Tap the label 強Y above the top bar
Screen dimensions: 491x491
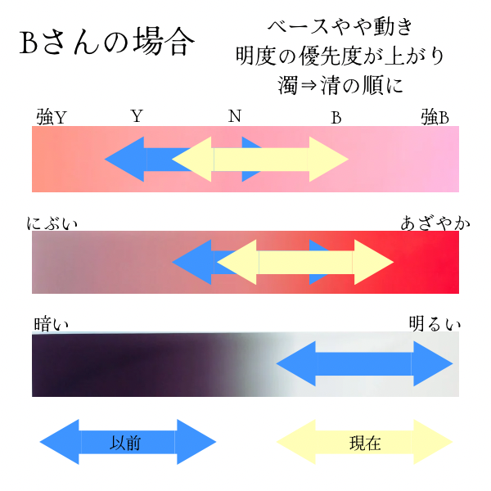[52, 118]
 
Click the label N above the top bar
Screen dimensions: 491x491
[235, 116]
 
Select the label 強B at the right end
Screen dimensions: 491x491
[435, 118]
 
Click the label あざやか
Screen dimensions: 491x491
[430, 223]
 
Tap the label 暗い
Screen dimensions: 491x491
[52, 324]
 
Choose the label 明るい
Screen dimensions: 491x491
[435, 324]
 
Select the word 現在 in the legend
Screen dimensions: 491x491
[365, 443]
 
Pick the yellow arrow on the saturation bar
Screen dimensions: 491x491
[305, 263]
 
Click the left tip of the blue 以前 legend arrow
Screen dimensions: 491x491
[43, 443]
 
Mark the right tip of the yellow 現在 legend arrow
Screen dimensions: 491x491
[450, 443]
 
